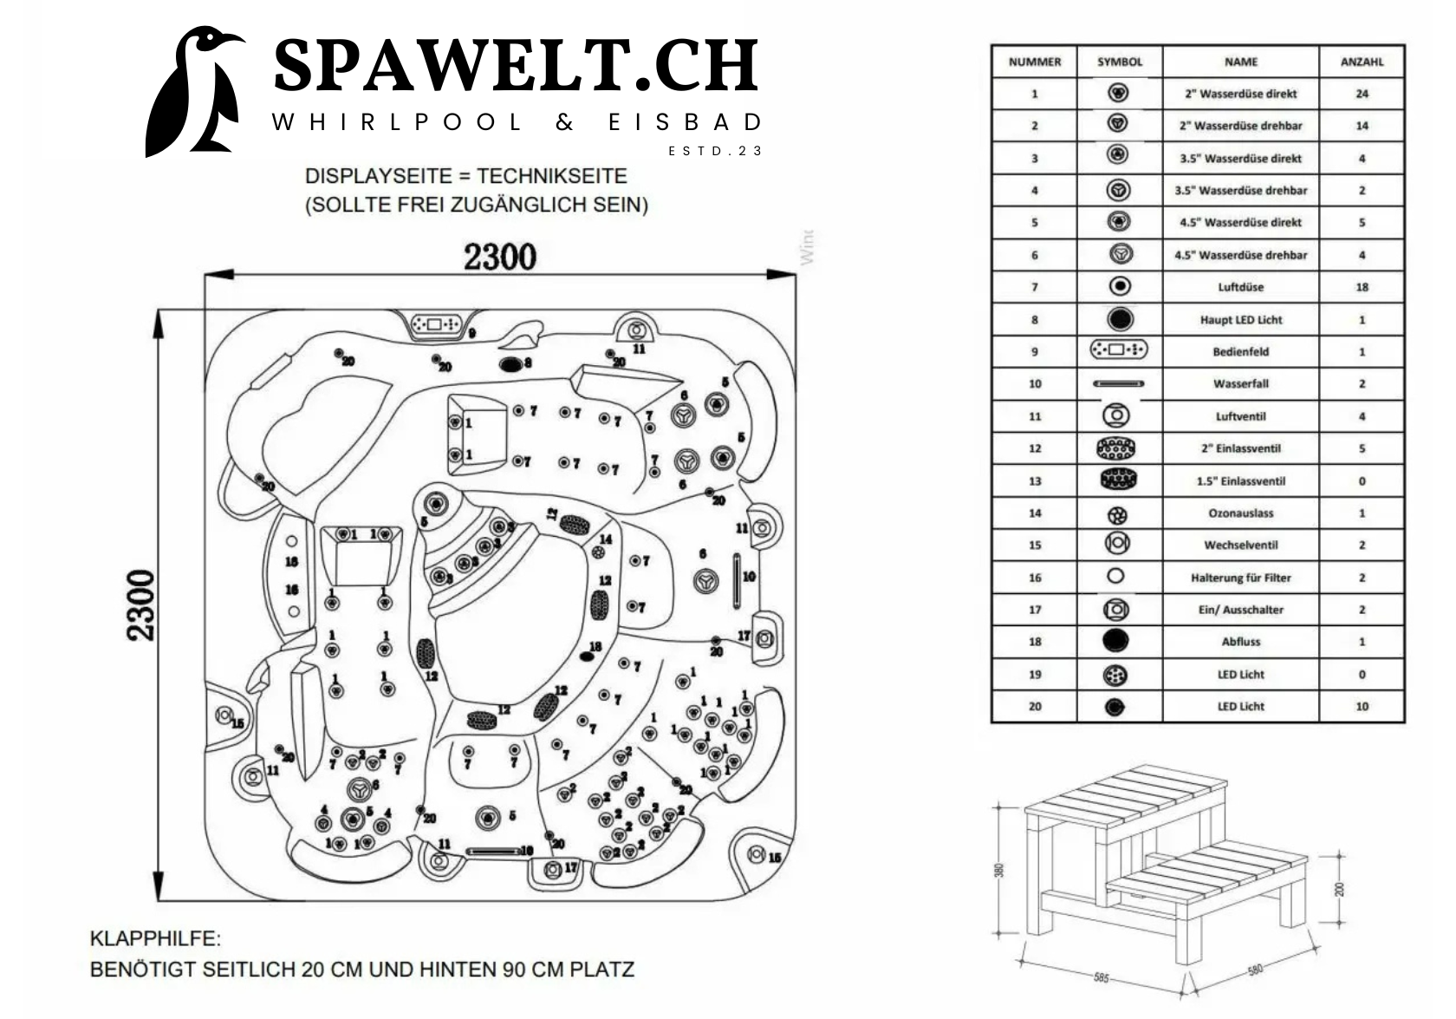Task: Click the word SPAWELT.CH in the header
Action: point(516,66)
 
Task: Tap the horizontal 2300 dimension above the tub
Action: point(499,257)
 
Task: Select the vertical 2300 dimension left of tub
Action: point(141,604)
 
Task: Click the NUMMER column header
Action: point(1034,62)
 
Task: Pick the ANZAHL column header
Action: point(1362,62)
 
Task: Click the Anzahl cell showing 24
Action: point(1362,94)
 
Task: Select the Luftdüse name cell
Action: point(1240,287)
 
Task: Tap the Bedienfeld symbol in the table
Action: point(1118,350)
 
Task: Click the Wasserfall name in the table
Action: point(1240,383)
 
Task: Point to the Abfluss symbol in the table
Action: point(1117,641)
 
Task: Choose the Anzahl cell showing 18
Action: point(1362,287)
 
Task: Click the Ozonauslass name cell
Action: point(1240,513)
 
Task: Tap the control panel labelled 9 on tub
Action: point(436,324)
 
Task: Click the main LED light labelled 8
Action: point(511,363)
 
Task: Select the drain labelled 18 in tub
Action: point(588,656)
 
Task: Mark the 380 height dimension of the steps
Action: point(999,869)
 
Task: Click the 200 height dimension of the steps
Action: point(1339,888)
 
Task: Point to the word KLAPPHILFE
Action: point(155,938)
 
